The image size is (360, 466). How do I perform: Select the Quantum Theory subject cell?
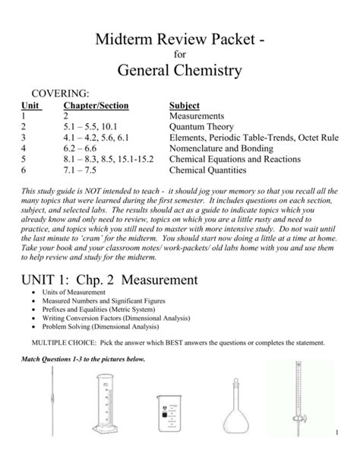[201, 127]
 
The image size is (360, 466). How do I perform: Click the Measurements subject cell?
[197, 116]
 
